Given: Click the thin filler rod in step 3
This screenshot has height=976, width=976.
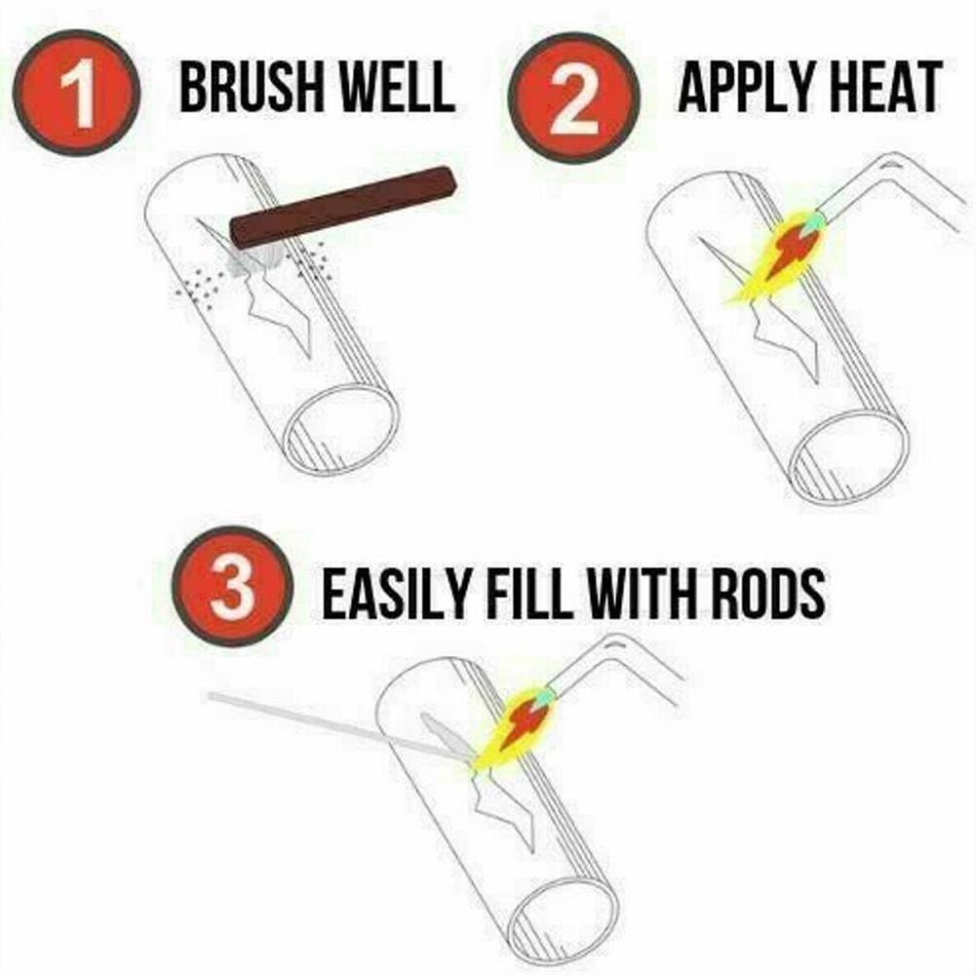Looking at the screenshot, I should pos(322,721).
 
